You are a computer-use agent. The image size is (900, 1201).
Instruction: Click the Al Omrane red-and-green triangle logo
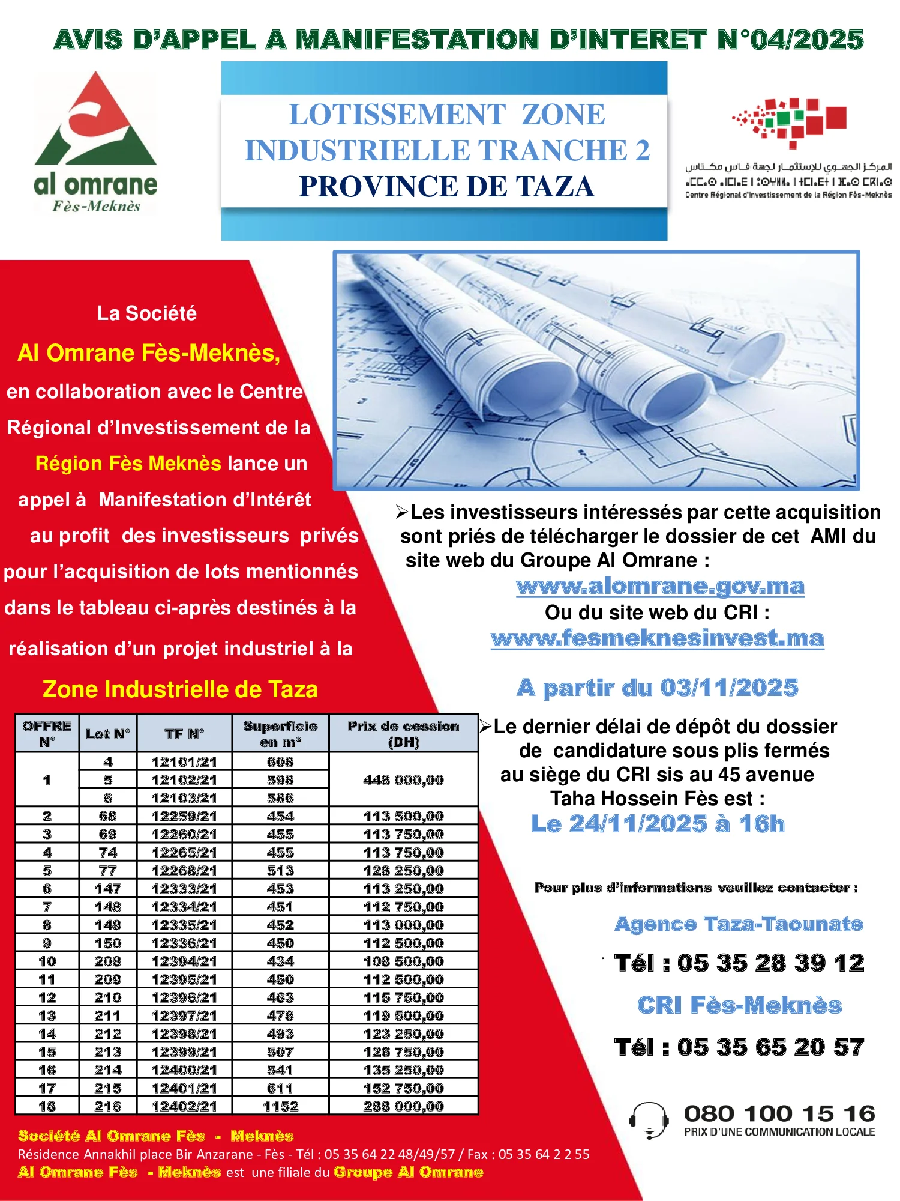point(96,120)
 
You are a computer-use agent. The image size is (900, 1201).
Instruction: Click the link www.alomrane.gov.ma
point(660,586)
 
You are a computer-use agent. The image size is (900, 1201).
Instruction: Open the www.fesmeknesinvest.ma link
point(658,638)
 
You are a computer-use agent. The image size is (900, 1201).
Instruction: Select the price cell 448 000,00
point(403,779)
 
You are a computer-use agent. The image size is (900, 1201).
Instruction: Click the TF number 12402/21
point(184,1106)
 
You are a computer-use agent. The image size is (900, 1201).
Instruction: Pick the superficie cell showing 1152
point(280,1106)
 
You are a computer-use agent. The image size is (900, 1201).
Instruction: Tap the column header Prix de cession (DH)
point(403,733)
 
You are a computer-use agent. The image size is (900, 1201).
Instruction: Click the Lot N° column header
point(108,733)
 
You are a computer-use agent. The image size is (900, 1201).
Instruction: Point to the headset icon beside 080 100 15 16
point(649,1120)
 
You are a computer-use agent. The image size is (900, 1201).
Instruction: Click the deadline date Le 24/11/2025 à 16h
point(658,824)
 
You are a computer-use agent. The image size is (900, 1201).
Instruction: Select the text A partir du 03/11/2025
point(658,688)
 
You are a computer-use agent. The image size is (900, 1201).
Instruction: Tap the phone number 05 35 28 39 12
point(770,963)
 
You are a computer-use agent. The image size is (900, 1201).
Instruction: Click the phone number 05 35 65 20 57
point(770,1047)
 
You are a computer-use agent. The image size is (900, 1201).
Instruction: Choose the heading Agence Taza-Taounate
point(739,924)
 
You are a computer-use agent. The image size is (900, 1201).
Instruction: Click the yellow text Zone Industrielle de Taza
point(180,689)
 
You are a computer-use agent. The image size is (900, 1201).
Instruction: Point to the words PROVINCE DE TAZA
point(447,186)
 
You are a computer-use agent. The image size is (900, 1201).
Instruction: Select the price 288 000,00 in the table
point(403,1106)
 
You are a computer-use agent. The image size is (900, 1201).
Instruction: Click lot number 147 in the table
point(108,888)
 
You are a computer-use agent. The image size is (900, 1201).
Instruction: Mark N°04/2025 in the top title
point(791,40)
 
